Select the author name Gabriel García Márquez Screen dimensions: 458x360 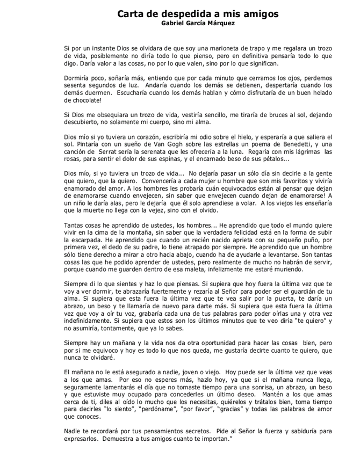(198, 24)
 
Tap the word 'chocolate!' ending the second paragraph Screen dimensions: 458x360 (82, 100)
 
